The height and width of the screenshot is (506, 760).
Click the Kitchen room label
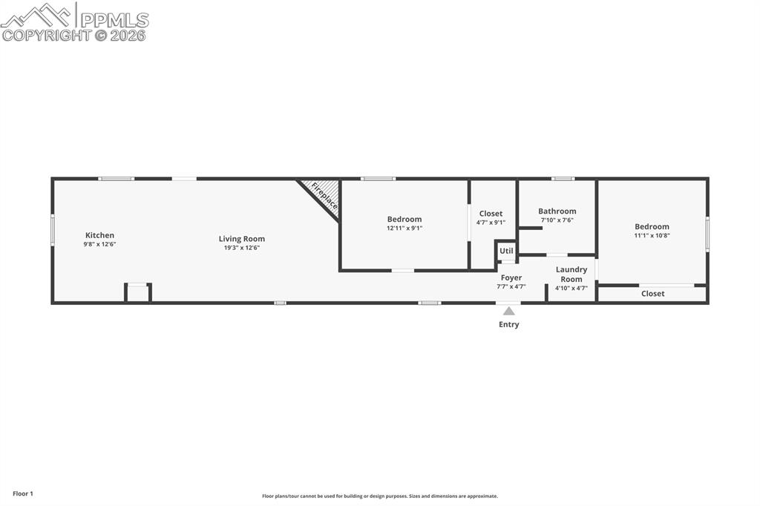click(100, 235)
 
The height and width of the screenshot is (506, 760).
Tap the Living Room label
click(241, 238)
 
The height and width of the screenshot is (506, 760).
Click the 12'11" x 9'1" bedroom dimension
click(404, 228)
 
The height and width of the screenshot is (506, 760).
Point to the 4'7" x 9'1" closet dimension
click(491, 223)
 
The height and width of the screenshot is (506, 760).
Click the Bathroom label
click(557, 211)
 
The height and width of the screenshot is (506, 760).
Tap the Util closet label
click(506, 251)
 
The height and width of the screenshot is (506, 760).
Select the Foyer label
click(511, 277)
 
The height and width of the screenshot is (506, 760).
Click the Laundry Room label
click(571, 274)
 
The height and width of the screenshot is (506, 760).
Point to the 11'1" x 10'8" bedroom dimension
click(652, 235)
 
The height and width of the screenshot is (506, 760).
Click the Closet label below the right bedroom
click(652, 293)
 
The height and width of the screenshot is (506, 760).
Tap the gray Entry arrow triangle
click(509, 311)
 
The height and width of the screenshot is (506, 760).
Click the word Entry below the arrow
click(509, 324)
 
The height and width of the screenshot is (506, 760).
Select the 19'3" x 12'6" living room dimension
click(241, 248)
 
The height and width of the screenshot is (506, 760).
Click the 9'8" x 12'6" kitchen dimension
click(100, 244)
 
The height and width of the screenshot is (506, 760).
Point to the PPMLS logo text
click(114, 20)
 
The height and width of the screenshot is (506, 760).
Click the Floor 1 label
click(23, 494)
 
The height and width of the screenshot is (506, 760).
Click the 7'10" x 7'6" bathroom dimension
click(557, 220)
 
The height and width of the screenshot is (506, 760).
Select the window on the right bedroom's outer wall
click(707, 234)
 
